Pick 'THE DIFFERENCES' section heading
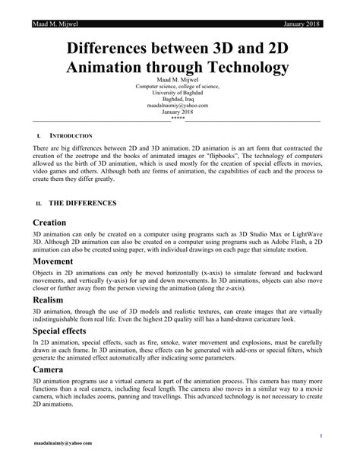(x=82, y=203)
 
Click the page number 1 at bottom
(x=324, y=435)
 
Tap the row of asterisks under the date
(x=178, y=117)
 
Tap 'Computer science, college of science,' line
(x=178, y=87)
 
